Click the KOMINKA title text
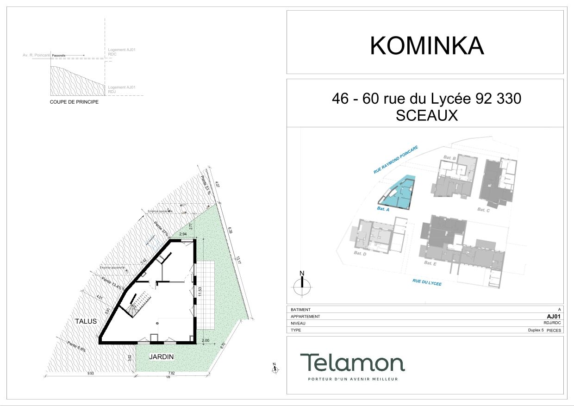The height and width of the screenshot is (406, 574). coord(426,46)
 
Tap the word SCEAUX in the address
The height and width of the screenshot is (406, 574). coord(426,116)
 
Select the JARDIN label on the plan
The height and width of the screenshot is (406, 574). coord(162,357)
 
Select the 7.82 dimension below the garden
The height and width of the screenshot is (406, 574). coord(171,373)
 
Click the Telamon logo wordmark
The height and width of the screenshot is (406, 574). coord(352,362)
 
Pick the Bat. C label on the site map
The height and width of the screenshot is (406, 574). coord(483,210)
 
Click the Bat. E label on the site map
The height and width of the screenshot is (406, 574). coord(430,263)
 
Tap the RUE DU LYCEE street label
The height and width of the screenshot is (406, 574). coord(427,282)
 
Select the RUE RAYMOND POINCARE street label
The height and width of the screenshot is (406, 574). coord(396,160)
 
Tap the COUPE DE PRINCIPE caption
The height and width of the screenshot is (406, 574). coord(74,102)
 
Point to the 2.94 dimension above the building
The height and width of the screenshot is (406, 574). coord(183,235)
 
